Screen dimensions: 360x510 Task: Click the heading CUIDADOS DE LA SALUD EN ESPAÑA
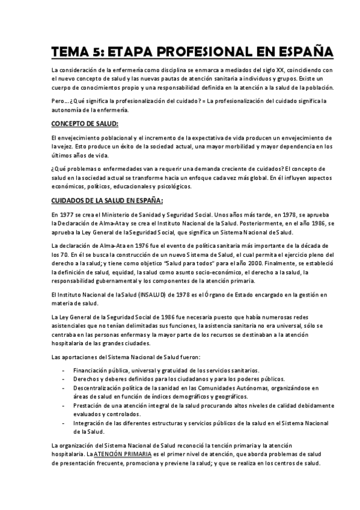click(x=107, y=200)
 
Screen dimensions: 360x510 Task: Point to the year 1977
click(x=68, y=215)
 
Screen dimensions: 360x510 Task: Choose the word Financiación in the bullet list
click(x=93, y=371)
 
